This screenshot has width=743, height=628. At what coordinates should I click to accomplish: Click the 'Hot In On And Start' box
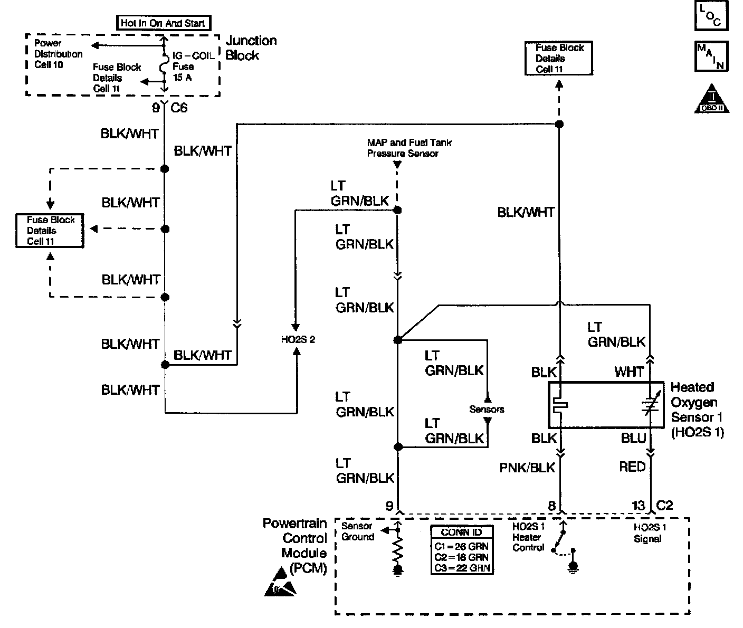coord(163,23)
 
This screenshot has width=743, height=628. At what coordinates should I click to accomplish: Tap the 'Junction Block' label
coord(251,48)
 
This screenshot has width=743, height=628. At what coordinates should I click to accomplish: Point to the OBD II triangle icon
coord(711,99)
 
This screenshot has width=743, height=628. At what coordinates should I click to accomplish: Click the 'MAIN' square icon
coord(711,56)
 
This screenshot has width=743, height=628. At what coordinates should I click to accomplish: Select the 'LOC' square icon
coord(711,16)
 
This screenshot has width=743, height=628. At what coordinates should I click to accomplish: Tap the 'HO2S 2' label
coord(298,339)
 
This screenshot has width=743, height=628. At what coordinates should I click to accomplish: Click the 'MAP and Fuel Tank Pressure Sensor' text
coord(409,148)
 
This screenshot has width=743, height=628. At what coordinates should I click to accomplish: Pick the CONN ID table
coord(462,550)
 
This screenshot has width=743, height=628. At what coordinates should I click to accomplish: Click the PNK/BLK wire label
coord(527,467)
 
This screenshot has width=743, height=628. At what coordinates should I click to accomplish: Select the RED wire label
coord(632,467)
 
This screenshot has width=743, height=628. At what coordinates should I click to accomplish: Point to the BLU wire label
coord(633,438)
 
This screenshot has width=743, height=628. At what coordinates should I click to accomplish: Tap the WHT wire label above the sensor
coord(629,372)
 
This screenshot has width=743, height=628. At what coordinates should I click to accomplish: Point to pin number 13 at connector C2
coord(639,506)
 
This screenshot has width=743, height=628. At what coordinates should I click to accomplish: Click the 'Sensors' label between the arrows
coord(487,409)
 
